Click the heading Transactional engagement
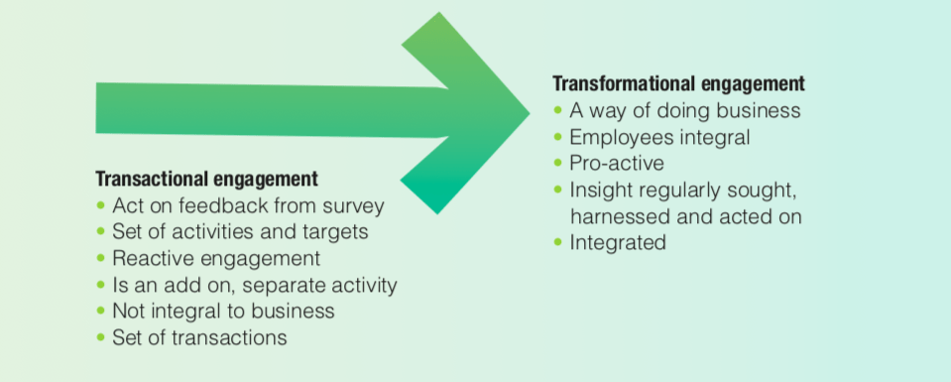207,180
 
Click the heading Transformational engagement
678,83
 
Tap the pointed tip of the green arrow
530,112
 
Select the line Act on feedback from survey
249,205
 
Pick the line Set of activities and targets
240,232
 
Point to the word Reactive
153,258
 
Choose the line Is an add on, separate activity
255,285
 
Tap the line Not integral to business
224,311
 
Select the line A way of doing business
685,111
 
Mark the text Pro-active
617,164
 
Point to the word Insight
598,191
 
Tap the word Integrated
618,243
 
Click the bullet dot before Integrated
558,242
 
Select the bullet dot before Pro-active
558,163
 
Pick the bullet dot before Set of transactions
101,337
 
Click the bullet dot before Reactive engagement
101,258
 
